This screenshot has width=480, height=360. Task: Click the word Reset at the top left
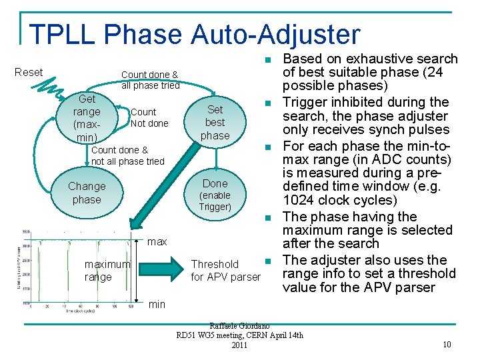pos(29,72)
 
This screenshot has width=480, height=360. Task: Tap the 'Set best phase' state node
pos(215,123)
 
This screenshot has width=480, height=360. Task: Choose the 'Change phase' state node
pos(87,193)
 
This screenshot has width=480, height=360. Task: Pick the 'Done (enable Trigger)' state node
pos(215,194)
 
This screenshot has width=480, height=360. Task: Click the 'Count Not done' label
pos(149,117)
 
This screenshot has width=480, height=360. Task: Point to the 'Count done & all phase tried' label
pos(150,80)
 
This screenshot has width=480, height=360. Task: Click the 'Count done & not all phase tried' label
pos(127,156)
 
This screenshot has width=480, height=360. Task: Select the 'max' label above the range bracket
pos(157,241)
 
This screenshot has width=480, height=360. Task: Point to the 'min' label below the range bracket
pos(157,304)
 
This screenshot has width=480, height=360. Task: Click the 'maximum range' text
pos(107,270)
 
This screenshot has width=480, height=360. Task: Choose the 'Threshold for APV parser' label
pos(225,270)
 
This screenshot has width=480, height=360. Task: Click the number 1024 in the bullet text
pos(299,201)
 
